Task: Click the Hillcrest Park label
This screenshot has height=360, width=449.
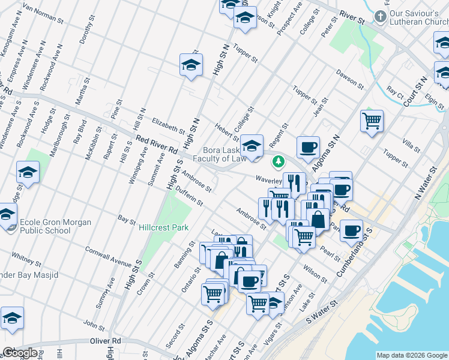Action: (164, 227)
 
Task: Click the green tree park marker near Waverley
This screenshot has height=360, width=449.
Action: (278, 161)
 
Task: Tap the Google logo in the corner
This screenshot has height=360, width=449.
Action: (20, 353)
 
